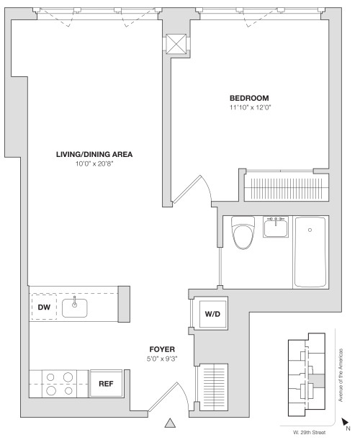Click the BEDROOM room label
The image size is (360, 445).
click(x=249, y=98)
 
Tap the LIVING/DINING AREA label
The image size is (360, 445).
click(x=94, y=154)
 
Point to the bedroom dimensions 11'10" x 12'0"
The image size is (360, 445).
click(x=249, y=108)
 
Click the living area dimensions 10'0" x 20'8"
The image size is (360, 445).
click(x=94, y=164)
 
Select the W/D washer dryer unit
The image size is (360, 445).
click(x=212, y=314)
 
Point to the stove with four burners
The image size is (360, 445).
click(x=58, y=384)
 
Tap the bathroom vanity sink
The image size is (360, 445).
click(x=276, y=228)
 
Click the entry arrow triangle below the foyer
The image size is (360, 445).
click(x=171, y=423)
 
